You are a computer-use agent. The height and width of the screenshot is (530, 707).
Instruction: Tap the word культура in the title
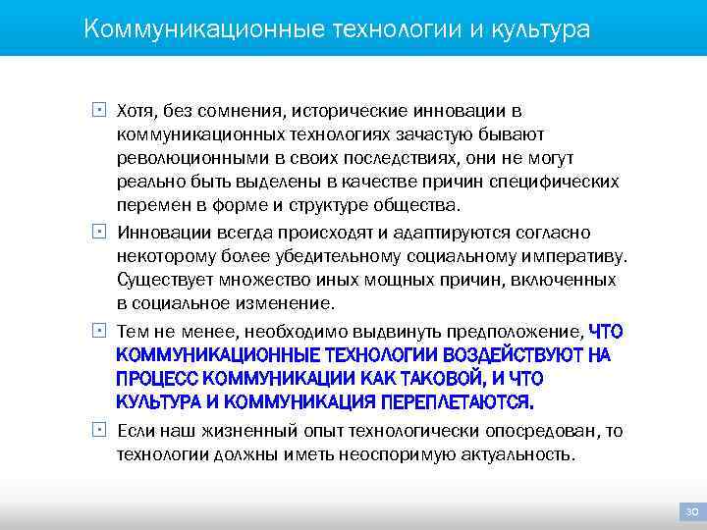tap(538, 28)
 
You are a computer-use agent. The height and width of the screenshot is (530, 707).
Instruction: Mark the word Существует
tap(159, 281)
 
